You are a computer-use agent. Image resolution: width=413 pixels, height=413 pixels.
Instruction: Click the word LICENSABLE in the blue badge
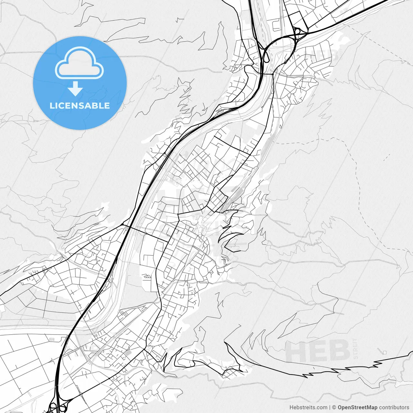tap(80, 106)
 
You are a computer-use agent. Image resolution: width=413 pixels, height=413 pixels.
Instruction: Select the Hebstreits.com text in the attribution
tap(308, 408)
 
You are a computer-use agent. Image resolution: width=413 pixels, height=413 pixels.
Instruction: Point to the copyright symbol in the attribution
tap(334, 408)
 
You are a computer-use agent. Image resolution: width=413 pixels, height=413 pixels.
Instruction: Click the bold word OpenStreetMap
tap(358, 408)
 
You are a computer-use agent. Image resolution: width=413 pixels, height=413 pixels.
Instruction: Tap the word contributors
tap(394, 408)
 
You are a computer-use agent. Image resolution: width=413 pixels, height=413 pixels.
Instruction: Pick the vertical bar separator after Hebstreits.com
tap(330, 408)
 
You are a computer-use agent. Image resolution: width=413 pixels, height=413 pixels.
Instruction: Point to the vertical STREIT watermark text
tap(356, 349)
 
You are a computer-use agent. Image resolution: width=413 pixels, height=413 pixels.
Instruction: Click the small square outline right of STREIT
tap(385, 352)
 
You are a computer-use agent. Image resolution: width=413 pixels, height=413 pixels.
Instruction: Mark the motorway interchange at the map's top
tap(298, 33)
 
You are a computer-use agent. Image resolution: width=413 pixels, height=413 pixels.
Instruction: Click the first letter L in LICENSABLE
tap(52, 106)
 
